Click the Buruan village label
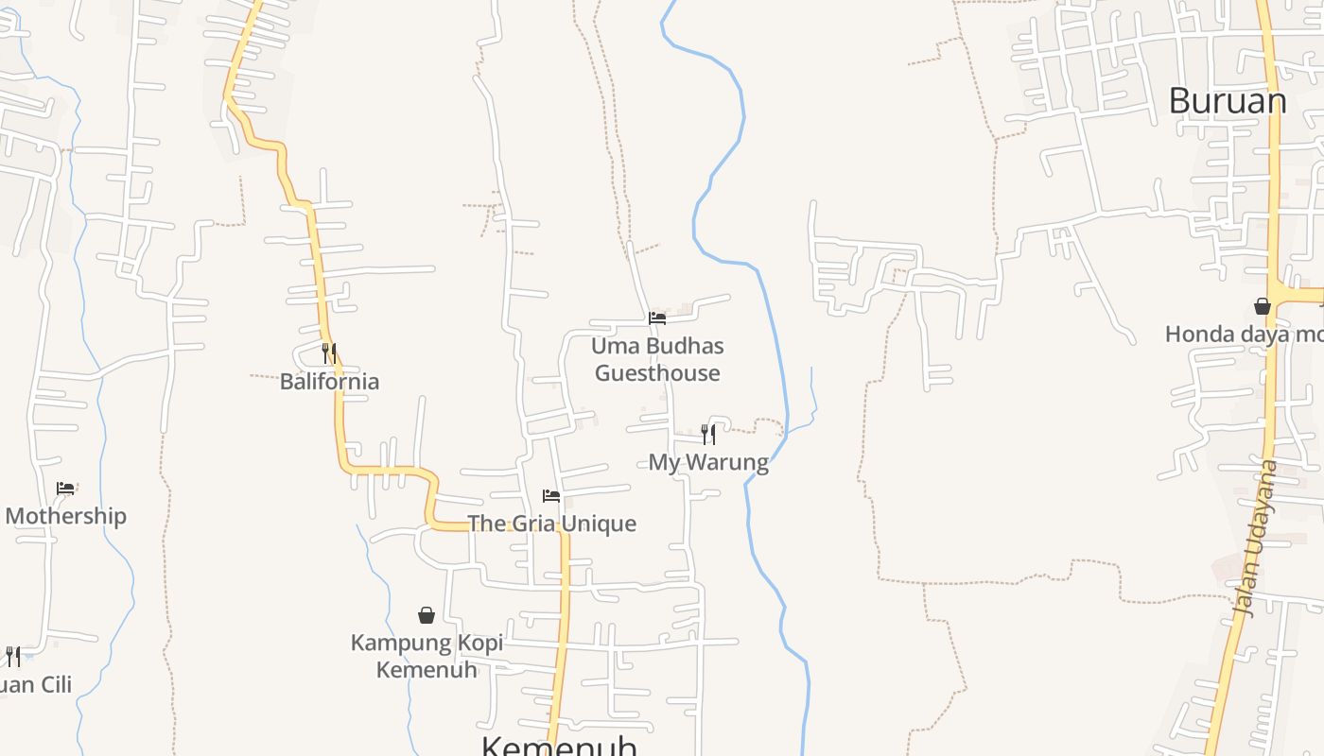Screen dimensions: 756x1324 pos(1227,101)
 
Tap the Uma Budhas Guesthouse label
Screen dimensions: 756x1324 pos(657,359)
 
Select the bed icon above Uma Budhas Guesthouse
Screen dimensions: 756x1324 pos(657,318)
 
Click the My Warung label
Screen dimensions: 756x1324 pos(708,462)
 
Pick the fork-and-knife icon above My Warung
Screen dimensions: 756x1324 pos(708,434)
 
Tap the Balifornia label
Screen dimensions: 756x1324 pos(329,382)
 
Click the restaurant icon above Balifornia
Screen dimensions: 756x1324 pos(329,352)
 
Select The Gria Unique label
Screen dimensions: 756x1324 pos(551,524)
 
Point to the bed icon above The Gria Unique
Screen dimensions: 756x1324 pos(551,495)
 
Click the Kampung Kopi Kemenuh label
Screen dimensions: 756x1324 pos(427,656)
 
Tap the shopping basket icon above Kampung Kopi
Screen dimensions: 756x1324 pos(427,615)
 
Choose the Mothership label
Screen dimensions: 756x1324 pos(65,516)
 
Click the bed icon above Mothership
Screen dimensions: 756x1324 pos(65,489)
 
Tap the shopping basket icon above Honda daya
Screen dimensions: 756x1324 pos(1262,305)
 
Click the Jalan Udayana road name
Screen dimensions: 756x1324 pos(1256,539)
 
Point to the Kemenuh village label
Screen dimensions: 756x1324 pos(559,746)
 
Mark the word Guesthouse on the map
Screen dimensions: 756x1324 pos(657,373)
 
